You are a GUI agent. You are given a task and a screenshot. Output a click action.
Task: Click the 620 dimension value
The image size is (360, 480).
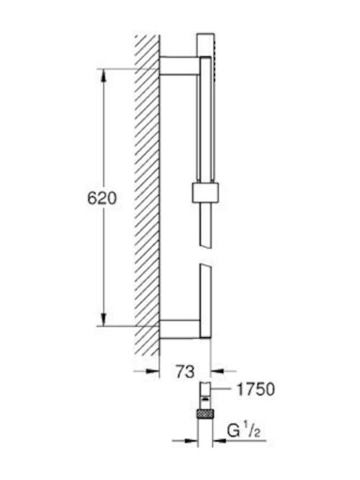102,198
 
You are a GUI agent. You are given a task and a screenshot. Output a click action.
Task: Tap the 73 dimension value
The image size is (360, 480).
185,371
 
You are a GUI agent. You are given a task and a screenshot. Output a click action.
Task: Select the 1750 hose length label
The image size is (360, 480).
256,389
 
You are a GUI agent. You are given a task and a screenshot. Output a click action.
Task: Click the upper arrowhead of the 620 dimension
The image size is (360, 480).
104,75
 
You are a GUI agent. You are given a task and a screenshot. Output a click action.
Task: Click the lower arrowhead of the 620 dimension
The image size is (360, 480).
104,319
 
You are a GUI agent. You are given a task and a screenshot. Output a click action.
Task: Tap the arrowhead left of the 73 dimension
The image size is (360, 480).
153,371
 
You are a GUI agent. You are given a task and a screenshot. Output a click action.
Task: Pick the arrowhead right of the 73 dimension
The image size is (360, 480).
217,371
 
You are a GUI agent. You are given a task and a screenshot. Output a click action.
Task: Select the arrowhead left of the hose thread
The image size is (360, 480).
191,441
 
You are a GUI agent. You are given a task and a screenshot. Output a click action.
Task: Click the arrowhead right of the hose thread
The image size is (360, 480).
219,441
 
